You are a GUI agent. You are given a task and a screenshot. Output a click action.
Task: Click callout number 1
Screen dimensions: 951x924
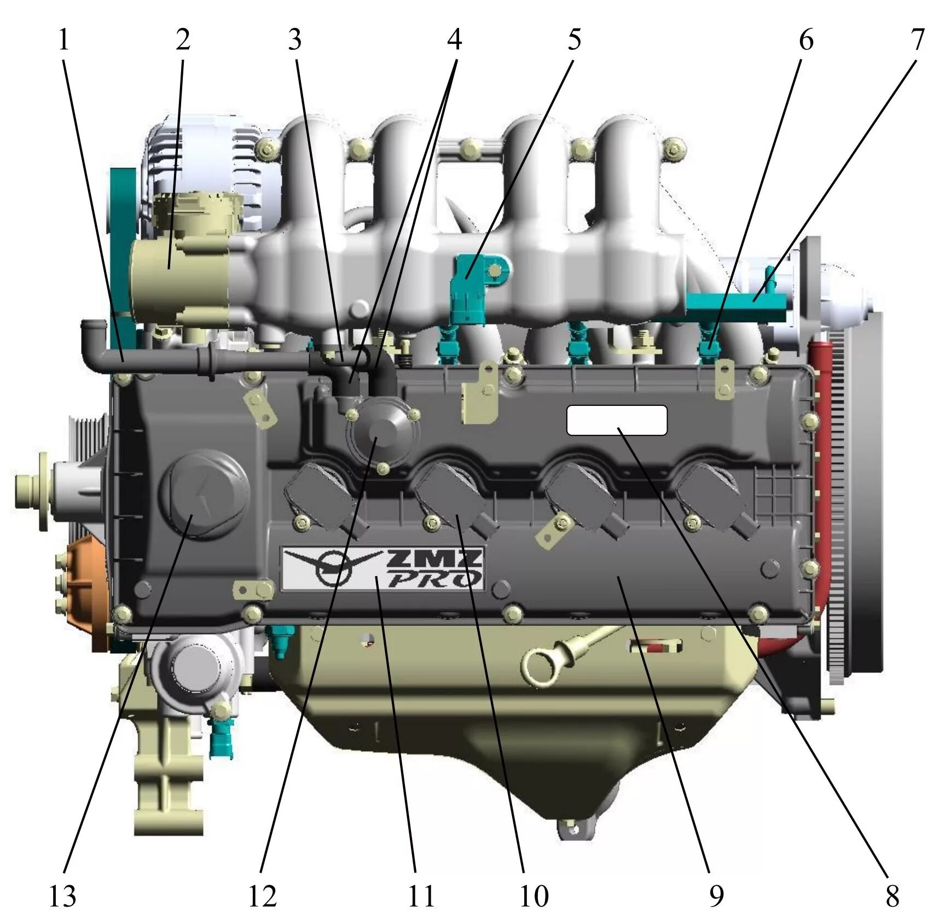coord(64,40)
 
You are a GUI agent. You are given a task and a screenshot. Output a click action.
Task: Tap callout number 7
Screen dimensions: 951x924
coord(917,40)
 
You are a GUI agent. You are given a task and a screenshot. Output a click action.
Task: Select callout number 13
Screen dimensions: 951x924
coord(62,896)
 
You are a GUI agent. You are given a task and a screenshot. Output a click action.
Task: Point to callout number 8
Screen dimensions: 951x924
coord(892,896)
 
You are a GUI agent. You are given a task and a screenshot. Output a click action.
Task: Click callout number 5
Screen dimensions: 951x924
coord(574,40)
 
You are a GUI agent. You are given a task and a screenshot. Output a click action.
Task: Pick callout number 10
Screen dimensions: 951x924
coord(534,896)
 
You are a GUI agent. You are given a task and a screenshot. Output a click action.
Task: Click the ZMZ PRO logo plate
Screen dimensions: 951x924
coord(382,569)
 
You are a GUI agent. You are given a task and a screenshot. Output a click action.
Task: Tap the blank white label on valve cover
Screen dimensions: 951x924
coord(617,420)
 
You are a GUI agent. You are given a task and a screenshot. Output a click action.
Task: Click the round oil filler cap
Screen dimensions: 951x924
coord(204,494)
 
